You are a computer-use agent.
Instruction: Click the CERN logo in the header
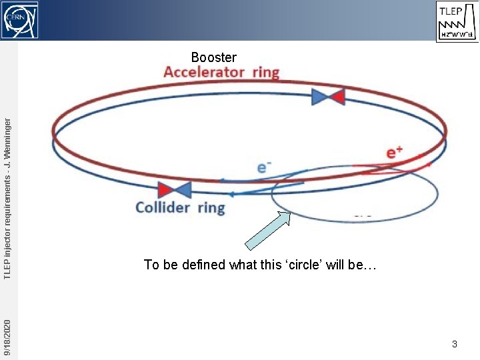point(19,19)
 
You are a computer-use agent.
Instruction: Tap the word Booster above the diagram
point(213,57)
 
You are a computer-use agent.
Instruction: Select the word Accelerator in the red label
point(203,72)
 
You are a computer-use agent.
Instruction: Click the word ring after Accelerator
point(265,72)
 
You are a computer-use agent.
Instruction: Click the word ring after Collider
point(211,207)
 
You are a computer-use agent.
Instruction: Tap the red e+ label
point(395,153)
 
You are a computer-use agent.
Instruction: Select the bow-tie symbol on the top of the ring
point(328,97)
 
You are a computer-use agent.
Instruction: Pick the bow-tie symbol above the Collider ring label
point(175,190)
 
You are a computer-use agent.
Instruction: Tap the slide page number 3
point(454,344)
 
